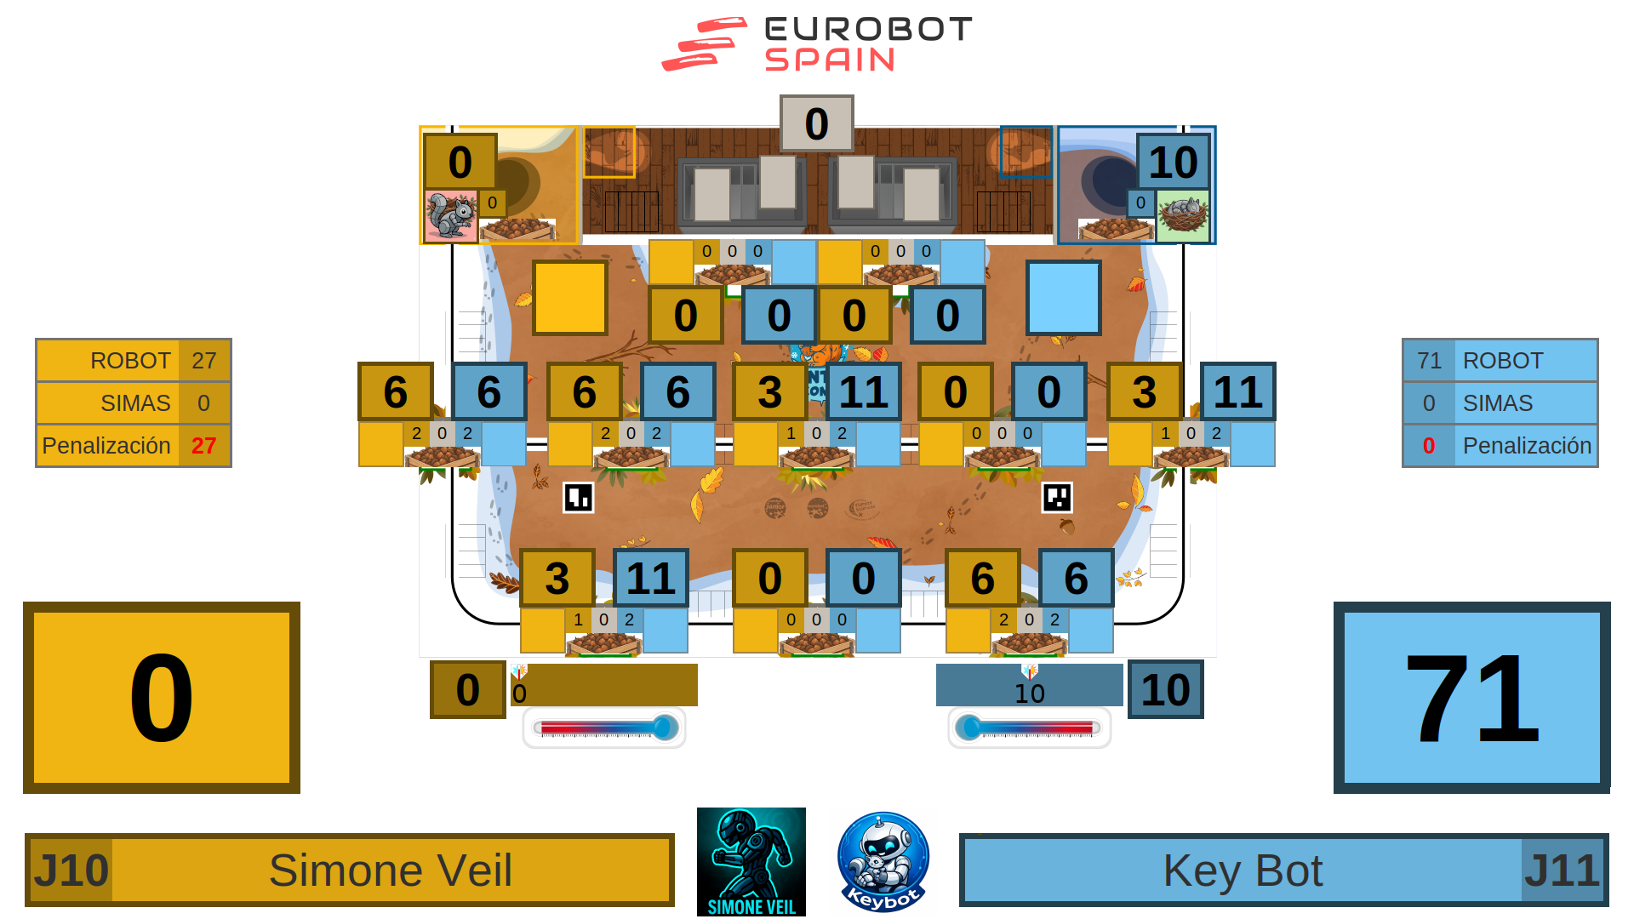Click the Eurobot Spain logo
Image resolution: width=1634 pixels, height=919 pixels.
coord(816,43)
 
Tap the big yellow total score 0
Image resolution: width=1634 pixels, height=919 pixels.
coord(162,698)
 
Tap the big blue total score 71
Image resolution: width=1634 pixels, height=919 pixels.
coord(1471,698)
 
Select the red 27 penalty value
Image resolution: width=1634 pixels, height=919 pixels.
coord(203,446)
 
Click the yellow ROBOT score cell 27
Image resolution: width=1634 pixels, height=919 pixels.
coord(203,361)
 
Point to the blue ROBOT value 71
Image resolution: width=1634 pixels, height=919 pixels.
coord(1429,361)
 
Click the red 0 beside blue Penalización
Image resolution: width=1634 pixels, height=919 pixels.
coord(1429,446)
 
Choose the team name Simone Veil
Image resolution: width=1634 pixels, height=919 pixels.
coord(391,870)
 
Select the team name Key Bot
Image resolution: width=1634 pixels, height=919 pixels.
coord(1243,870)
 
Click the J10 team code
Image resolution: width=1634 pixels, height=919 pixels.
coord(71,870)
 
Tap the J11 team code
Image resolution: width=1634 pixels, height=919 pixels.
coord(1562,870)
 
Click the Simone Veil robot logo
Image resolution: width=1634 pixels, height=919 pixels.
coord(751,861)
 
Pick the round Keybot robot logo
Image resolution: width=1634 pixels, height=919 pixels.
coord(883,861)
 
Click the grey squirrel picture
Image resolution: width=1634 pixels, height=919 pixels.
coord(450,216)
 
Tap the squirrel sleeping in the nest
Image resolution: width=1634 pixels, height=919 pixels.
coord(1183,214)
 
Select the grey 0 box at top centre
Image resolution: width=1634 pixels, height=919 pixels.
coord(816,123)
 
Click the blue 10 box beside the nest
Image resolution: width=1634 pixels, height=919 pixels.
coord(1173,162)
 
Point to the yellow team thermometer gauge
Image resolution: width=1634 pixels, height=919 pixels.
coord(604,728)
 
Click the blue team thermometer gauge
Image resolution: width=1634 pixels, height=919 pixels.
coord(1029,728)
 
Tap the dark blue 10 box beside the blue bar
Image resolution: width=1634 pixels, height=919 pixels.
coord(1165,689)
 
